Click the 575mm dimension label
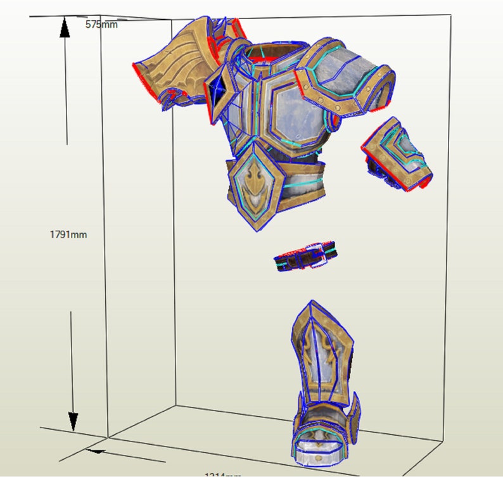[101, 24]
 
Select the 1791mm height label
[68, 234]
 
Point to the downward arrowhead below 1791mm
[73, 420]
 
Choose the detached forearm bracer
[397, 156]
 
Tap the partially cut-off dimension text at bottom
[222, 474]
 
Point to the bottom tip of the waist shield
[257, 230]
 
